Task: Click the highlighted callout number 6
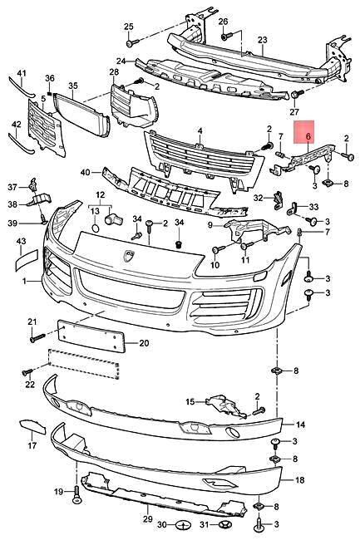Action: point(308,135)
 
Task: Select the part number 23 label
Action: point(262,39)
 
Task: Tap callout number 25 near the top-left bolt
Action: point(128,27)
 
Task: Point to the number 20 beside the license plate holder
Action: point(143,342)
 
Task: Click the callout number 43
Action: point(22,241)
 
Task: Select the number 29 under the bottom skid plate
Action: point(147,519)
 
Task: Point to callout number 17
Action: point(32,446)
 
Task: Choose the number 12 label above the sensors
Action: point(101,195)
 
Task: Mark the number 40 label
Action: point(85,172)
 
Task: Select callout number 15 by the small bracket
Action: point(190,402)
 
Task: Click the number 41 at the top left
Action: point(22,74)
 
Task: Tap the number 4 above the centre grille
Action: point(200,130)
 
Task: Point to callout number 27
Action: point(293,112)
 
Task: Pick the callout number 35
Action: point(72,86)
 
